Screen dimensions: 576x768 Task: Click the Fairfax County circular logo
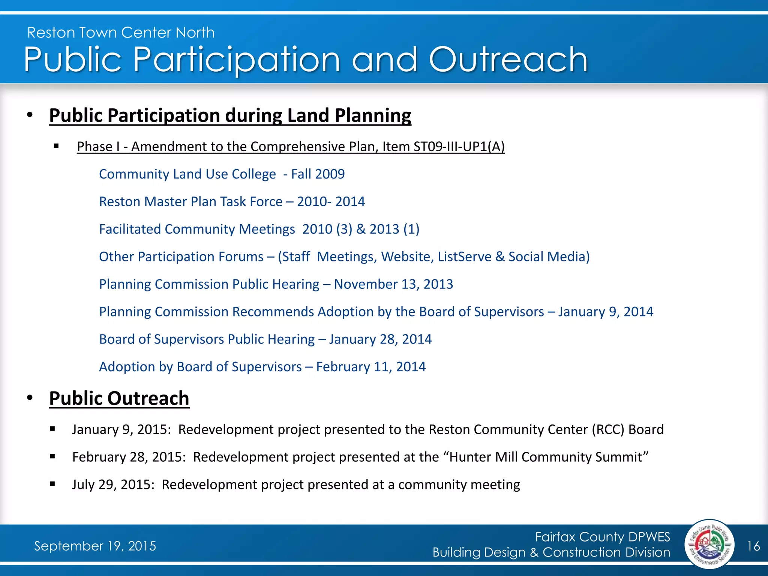pyautogui.click(x=709, y=544)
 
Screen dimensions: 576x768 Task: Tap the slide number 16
pyautogui.click(x=753, y=546)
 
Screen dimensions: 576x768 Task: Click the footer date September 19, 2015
pyautogui.click(x=95, y=546)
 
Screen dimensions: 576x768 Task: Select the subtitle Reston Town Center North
pyautogui.click(x=121, y=33)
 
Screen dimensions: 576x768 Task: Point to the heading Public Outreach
pyautogui.click(x=119, y=398)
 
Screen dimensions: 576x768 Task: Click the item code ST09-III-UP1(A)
pyautogui.click(x=459, y=147)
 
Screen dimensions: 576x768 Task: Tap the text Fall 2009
pyautogui.click(x=318, y=174)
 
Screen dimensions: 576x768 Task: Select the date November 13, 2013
pyautogui.click(x=393, y=284)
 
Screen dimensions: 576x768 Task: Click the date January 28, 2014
pyautogui.click(x=380, y=339)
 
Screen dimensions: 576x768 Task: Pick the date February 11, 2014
pyautogui.click(x=371, y=367)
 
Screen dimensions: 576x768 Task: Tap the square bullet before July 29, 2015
pyautogui.click(x=52, y=484)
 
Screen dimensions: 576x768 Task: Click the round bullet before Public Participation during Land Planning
pyautogui.click(x=30, y=115)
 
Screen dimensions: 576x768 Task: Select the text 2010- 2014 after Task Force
pyautogui.click(x=331, y=202)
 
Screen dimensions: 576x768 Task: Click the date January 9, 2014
pyautogui.click(x=606, y=312)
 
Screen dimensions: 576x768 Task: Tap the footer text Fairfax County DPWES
pyautogui.click(x=602, y=537)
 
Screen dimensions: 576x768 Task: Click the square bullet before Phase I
pyautogui.click(x=56, y=146)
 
